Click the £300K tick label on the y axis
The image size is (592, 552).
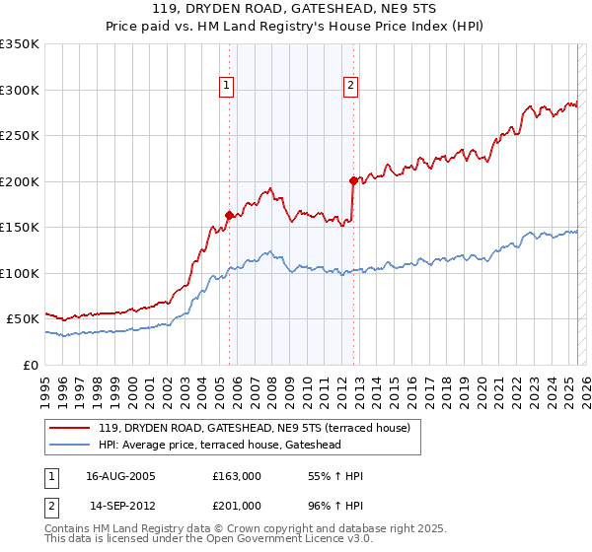point(20,90)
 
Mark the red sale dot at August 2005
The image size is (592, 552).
point(229,215)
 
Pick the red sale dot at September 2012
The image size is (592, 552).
point(352,180)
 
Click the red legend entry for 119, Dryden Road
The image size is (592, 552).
point(260,427)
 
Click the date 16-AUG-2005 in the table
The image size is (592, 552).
point(120,476)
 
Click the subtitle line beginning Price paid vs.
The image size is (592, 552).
point(295,28)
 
